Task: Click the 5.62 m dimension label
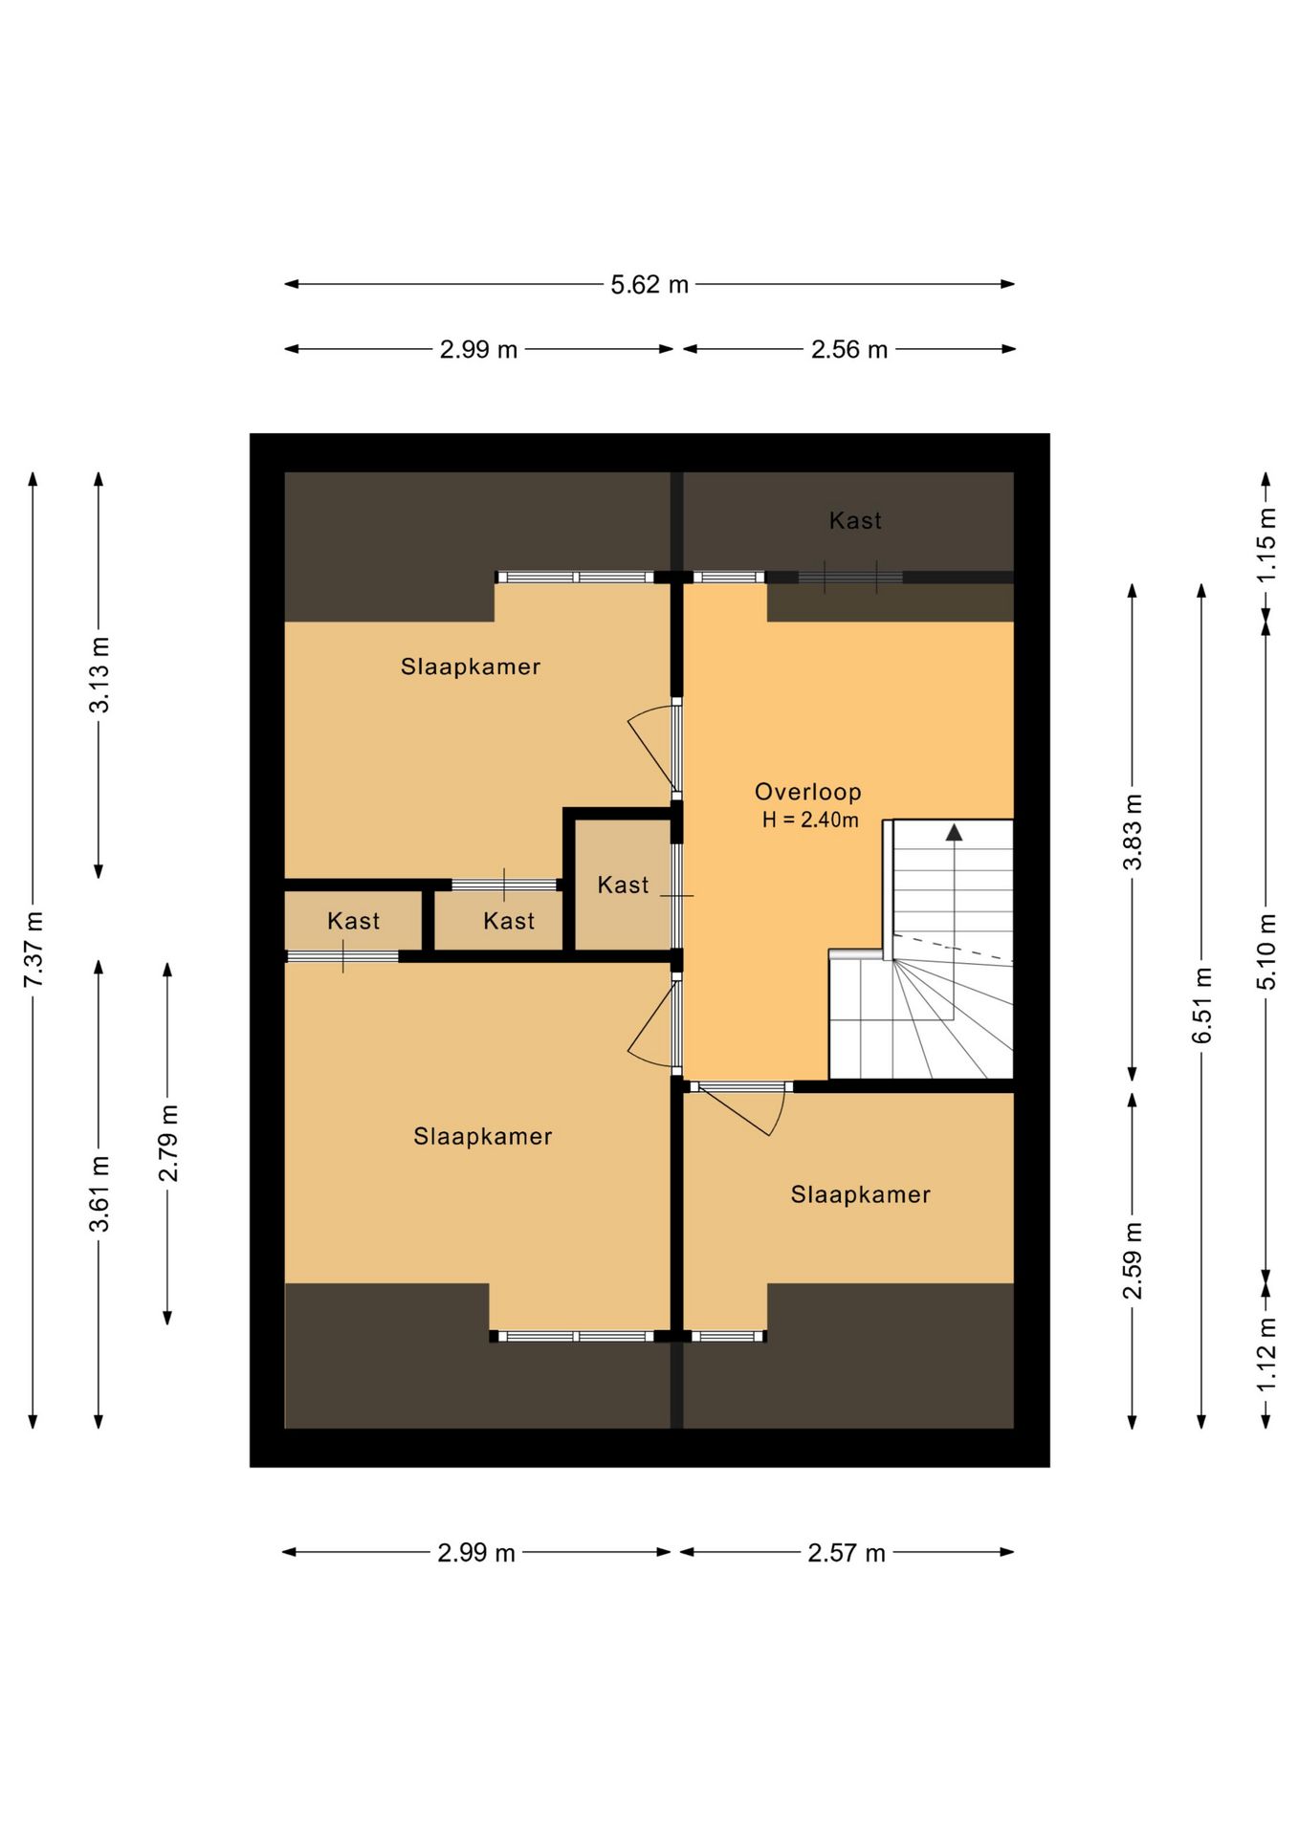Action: [649, 285]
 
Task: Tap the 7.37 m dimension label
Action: [33, 950]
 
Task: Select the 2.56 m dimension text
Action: [849, 350]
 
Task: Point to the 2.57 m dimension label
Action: [847, 1553]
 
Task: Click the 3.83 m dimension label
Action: [1133, 831]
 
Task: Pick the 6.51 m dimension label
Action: [1202, 1005]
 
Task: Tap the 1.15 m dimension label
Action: [1266, 544]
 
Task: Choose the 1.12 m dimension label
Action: [1266, 1354]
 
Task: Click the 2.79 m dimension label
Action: [168, 1143]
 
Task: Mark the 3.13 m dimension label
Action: [99, 674]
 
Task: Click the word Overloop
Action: [808, 792]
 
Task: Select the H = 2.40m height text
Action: [810, 820]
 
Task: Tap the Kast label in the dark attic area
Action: [855, 521]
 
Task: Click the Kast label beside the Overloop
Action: [623, 885]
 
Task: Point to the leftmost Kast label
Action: [354, 922]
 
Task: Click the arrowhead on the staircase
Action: [954, 832]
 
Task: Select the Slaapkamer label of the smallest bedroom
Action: [860, 1195]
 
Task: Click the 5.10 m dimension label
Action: [1266, 951]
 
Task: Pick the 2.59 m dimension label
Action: [1133, 1261]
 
